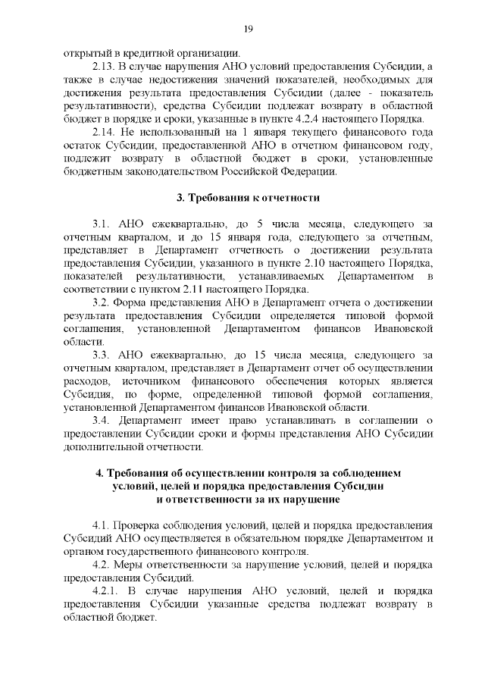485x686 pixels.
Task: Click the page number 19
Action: pos(247,29)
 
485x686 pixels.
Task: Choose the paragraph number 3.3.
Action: pos(101,356)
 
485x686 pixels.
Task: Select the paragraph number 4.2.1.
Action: pos(105,591)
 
